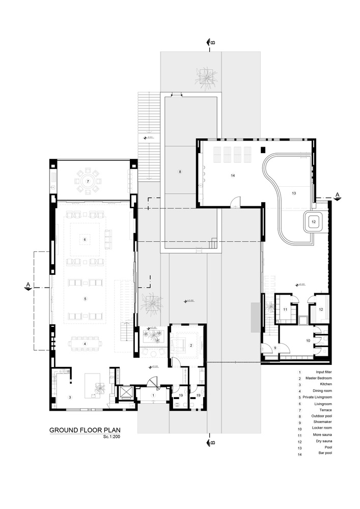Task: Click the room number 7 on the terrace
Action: (88, 181)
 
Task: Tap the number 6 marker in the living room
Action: (85, 239)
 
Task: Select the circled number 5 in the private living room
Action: (85, 299)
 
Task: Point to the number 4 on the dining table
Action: (85, 344)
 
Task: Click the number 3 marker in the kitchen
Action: (70, 397)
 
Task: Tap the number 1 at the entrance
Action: (153, 395)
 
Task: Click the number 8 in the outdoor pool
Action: (180, 172)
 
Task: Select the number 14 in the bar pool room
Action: (232, 175)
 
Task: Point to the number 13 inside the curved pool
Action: (294, 193)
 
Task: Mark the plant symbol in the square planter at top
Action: (206, 77)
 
